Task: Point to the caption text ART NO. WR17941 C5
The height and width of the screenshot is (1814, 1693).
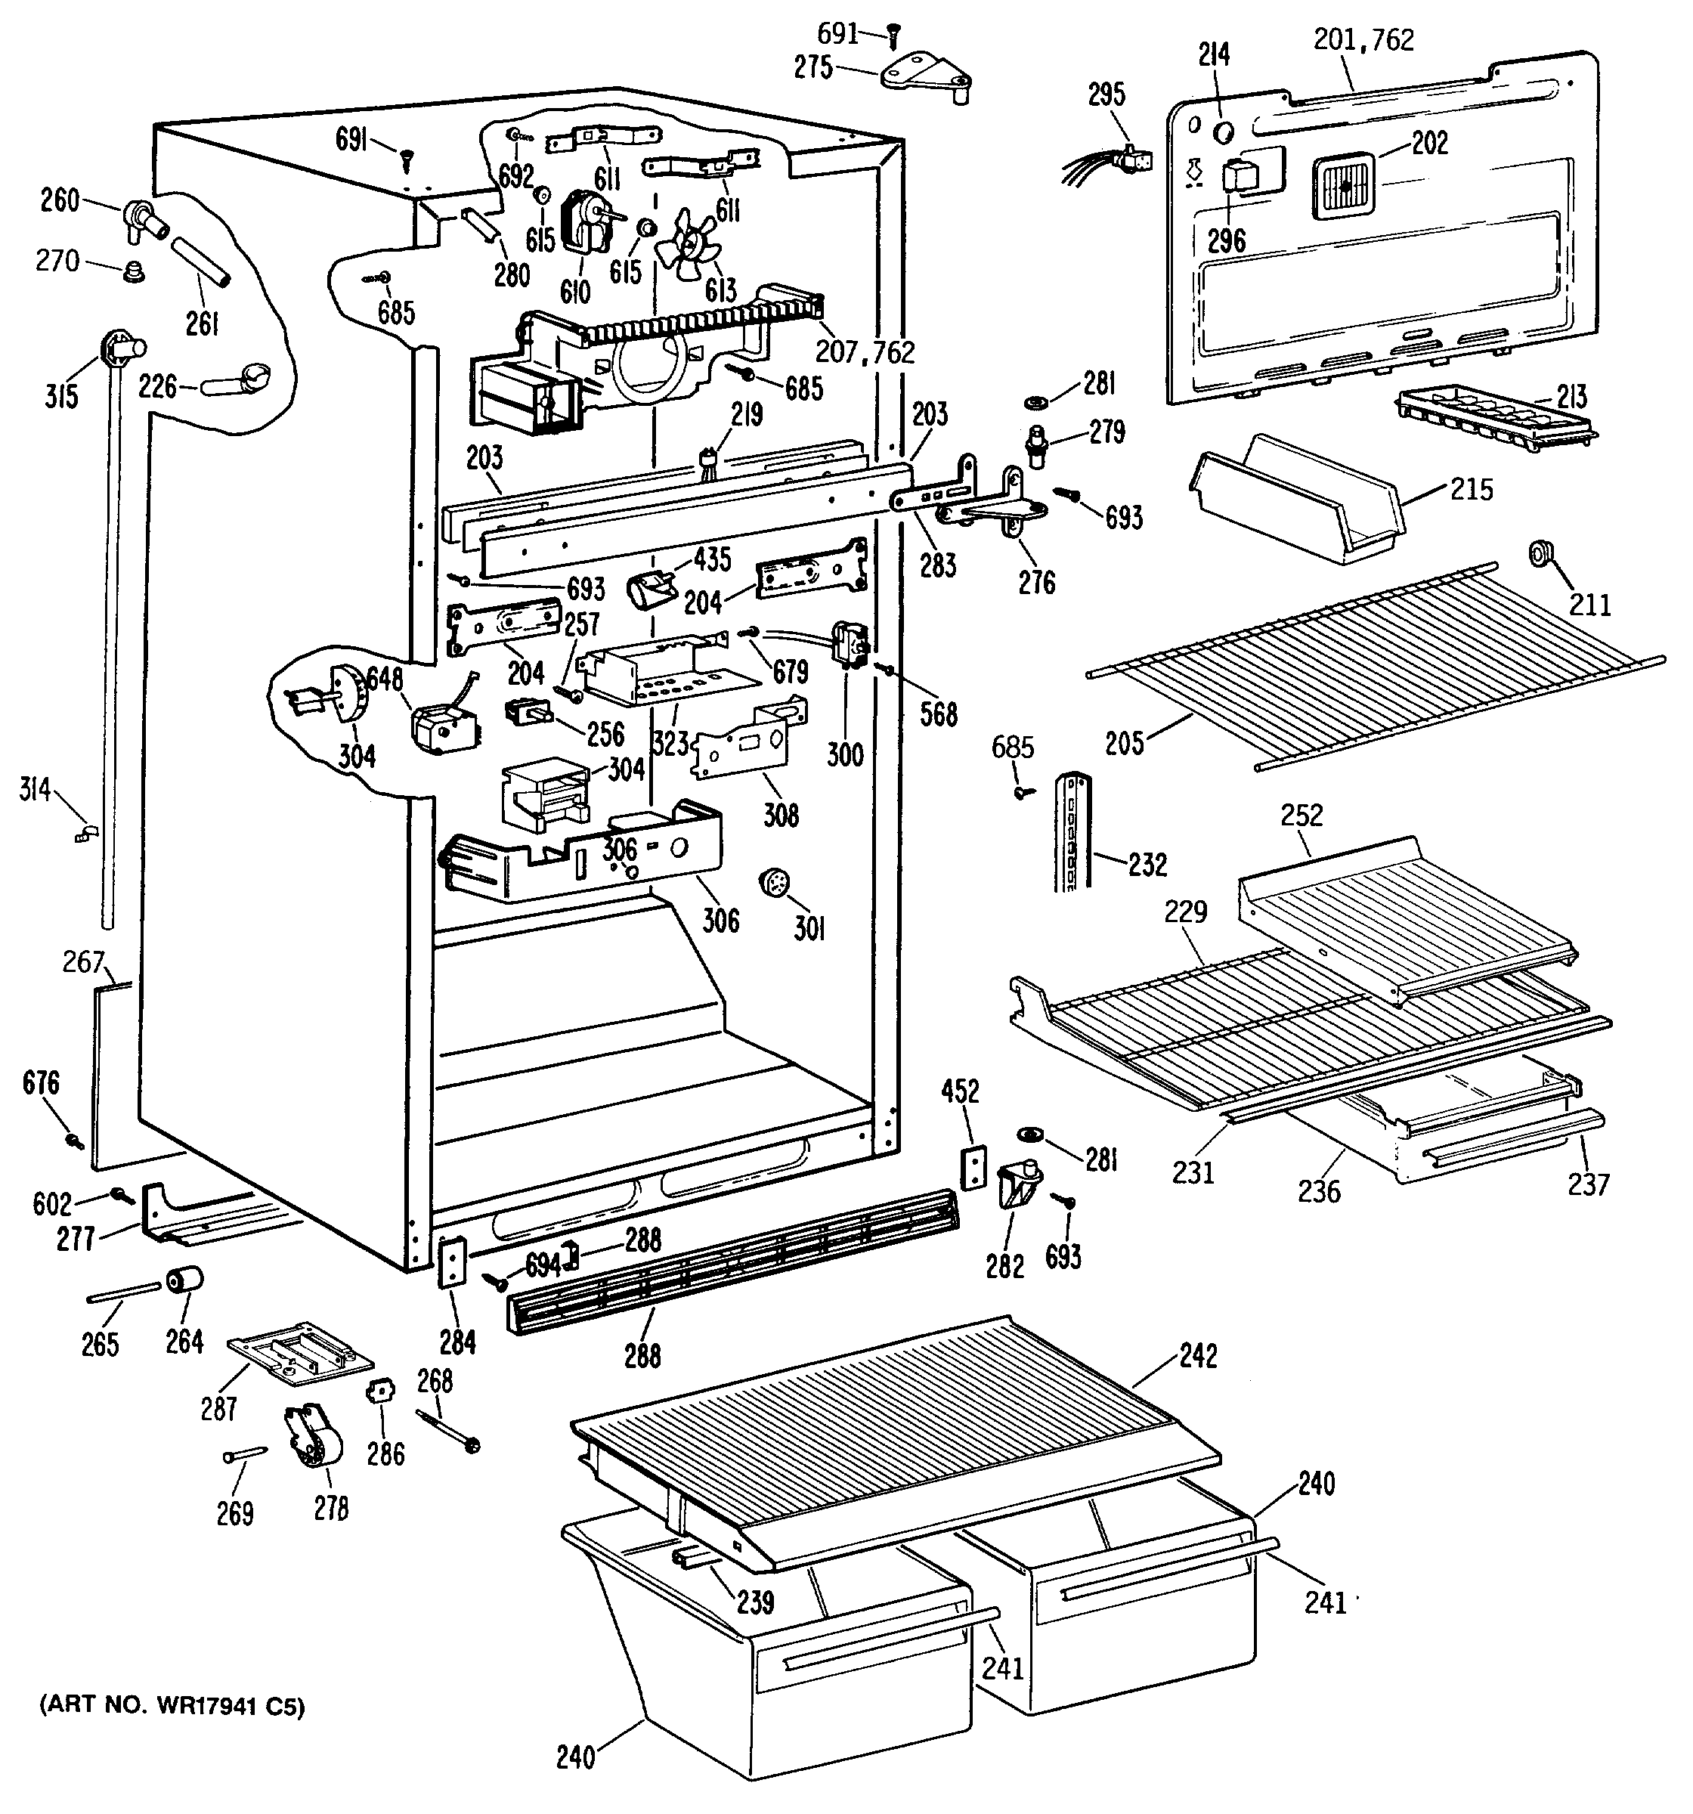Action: [x=172, y=1707]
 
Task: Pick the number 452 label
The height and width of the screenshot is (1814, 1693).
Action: [x=960, y=1091]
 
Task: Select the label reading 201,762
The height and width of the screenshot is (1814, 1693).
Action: [x=1363, y=39]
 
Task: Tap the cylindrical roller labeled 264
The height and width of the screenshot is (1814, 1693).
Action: [x=183, y=1281]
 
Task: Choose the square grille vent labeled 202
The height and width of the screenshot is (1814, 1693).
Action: [x=1346, y=186]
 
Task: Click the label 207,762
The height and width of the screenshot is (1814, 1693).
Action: [x=865, y=352]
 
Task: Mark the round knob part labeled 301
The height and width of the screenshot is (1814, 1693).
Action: [x=774, y=884]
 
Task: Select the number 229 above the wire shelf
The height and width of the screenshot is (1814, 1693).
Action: [x=1186, y=911]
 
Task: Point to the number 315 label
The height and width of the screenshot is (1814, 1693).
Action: [x=61, y=396]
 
